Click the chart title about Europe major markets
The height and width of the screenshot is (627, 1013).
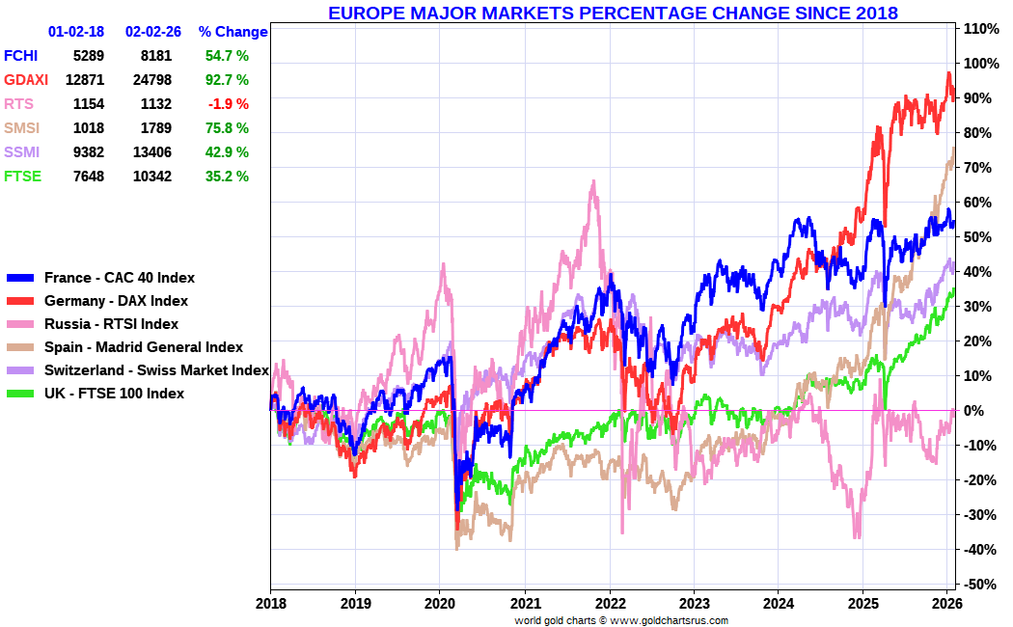pos(613,14)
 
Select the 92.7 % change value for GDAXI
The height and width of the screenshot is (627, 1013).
pos(227,80)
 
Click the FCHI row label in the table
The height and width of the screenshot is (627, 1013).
pos(22,56)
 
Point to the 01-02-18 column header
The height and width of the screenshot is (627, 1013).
pos(76,32)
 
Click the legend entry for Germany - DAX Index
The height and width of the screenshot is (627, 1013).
pos(116,301)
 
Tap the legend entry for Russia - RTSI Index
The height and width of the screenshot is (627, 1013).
pos(111,324)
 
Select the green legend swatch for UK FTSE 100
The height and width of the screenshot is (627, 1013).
pos(21,394)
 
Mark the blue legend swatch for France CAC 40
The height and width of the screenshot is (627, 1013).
pos(21,278)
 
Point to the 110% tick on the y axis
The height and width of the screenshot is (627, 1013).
pos(980,29)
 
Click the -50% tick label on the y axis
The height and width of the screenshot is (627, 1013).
pos(980,585)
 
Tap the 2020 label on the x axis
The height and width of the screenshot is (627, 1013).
pos(440,603)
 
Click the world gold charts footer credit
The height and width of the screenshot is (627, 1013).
pos(621,620)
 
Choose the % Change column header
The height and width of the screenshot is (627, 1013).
pos(233,32)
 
